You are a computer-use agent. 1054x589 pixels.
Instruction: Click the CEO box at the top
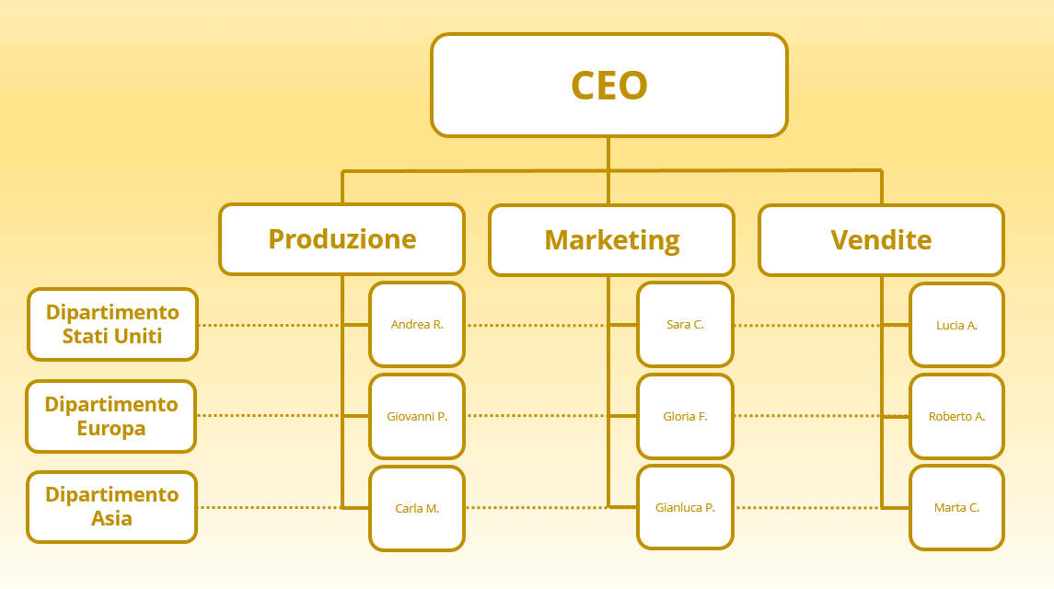(609, 86)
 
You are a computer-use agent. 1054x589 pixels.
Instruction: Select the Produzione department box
(342, 239)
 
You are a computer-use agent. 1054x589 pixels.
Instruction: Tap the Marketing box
(612, 240)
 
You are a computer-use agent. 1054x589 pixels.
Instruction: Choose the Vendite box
(881, 240)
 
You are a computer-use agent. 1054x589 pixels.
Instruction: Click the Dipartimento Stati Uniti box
(112, 324)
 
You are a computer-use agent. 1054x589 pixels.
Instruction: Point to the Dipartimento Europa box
(110, 416)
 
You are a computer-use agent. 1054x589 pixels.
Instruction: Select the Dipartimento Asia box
(111, 507)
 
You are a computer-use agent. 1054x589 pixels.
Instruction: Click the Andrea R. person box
(417, 324)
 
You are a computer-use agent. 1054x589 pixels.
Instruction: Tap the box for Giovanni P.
(417, 416)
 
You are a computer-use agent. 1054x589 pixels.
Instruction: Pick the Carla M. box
(417, 508)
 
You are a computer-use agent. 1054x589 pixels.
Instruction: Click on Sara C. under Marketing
(685, 324)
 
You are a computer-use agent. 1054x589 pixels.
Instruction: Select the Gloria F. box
(685, 416)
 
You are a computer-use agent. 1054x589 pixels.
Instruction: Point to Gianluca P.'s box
(685, 507)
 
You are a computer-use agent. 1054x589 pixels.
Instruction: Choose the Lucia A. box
(956, 325)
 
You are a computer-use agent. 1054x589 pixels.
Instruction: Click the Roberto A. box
(956, 416)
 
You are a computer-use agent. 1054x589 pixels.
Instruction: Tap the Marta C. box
(956, 508)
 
